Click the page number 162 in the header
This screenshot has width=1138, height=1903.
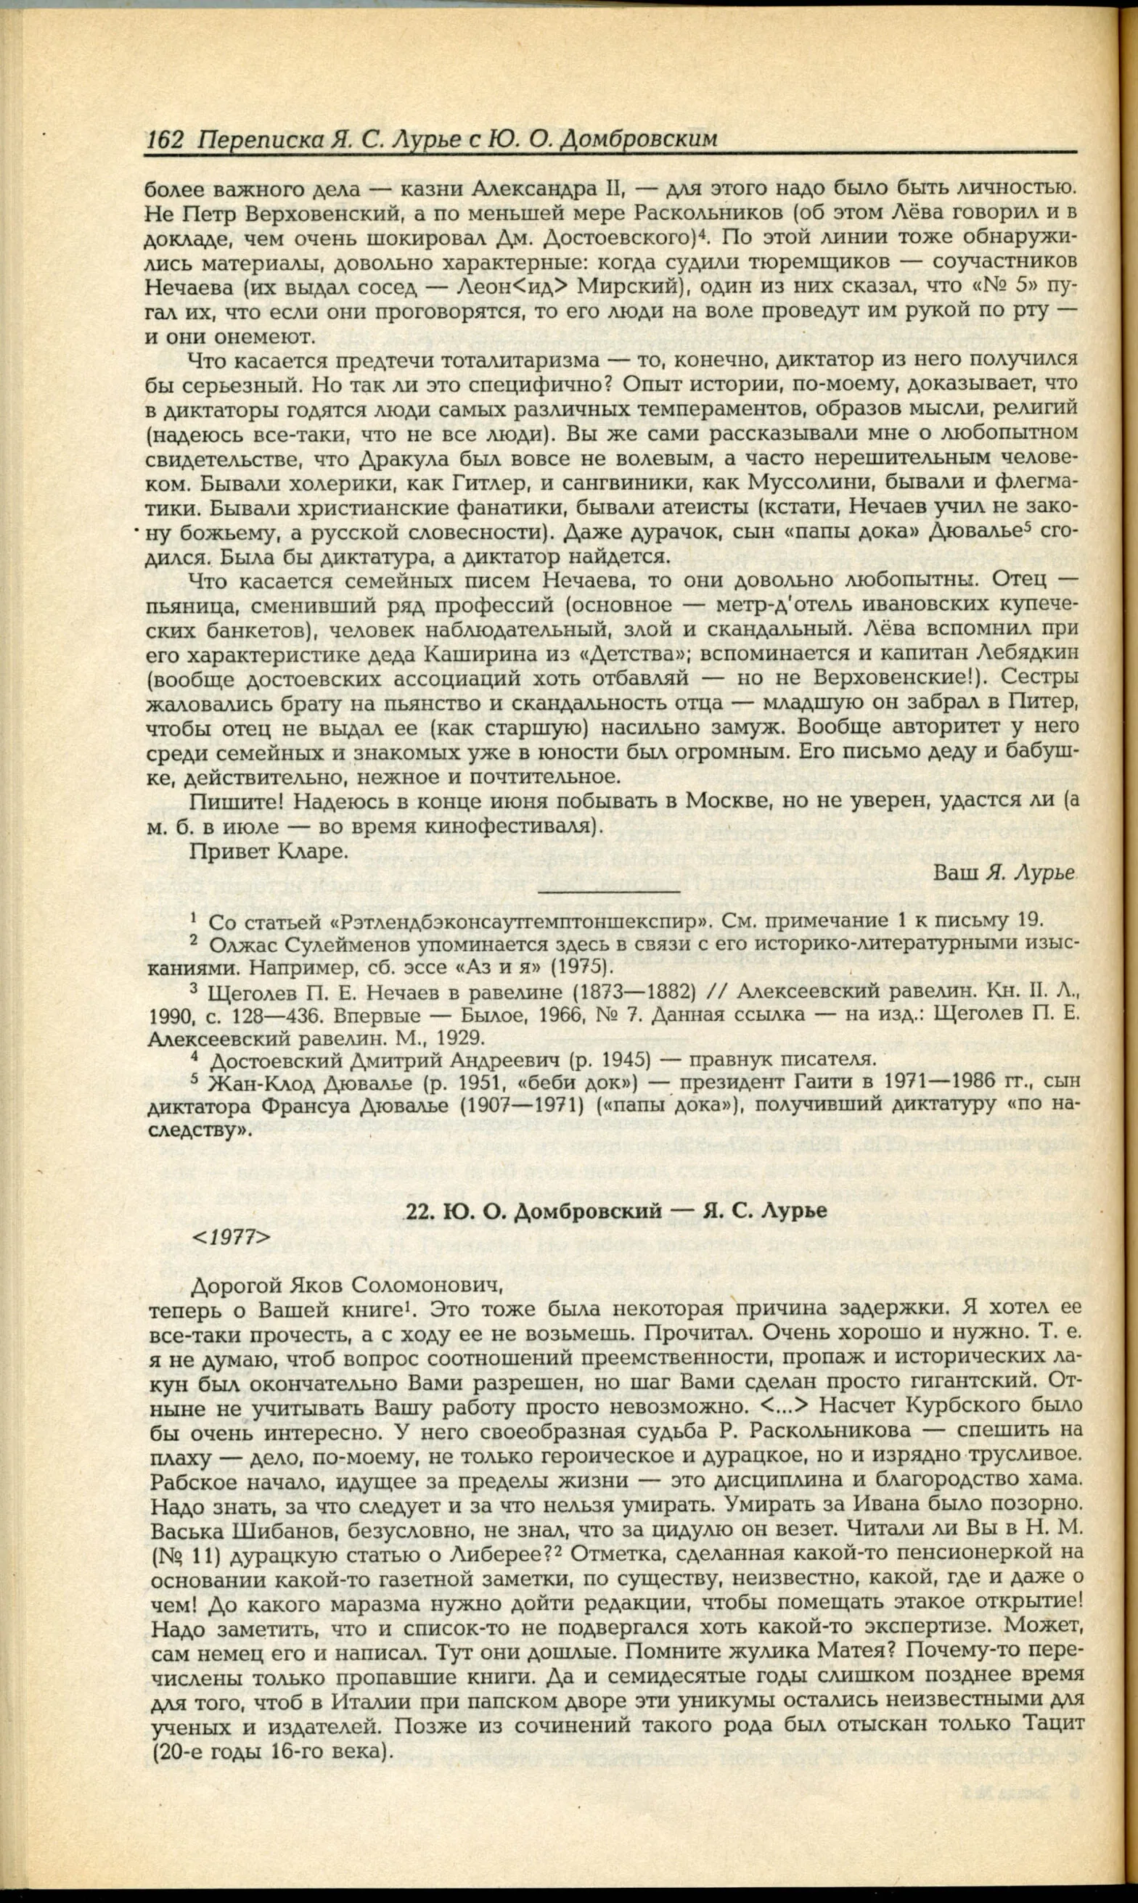pyautogui.click(x=164, y=139)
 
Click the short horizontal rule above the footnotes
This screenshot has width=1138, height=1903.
pyautogui.click(x=609, y=892)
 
